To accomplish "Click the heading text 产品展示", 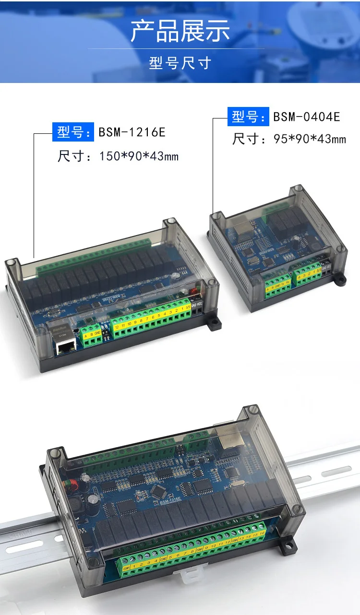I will (180, 30).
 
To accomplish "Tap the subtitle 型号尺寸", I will (180, 63).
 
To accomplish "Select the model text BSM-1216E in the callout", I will (132, 132).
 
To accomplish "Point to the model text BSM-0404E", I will (307, 117).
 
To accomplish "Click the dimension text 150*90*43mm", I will (139, 156).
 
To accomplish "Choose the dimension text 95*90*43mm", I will (309, 139).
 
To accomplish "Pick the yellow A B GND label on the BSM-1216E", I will (92, 334).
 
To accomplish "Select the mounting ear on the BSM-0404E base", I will (340, 278).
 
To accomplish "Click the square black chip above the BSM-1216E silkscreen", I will (157, 491).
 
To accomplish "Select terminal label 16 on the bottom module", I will (262, 532).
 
